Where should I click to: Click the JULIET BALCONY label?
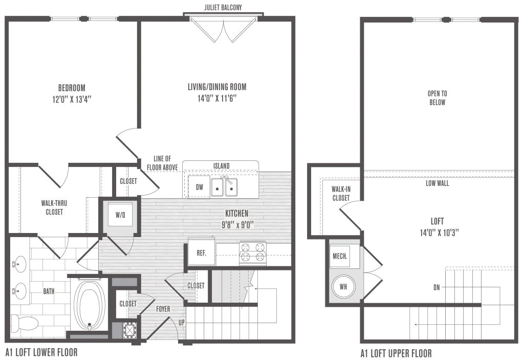point(223,7)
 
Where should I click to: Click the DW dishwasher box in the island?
point(199,187)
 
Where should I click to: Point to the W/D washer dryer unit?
point(120,215)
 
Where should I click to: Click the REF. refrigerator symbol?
point(201,252)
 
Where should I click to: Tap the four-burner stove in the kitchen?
point(253,253)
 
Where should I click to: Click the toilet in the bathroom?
point(25,323)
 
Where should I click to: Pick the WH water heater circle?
point(343,286)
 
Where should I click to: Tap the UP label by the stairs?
point(182,322)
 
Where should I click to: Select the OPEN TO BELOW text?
point(437,98)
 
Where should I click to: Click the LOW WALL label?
point(437,183)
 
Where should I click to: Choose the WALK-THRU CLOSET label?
point(54,207)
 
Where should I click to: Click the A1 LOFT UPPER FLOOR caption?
point(396,353)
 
